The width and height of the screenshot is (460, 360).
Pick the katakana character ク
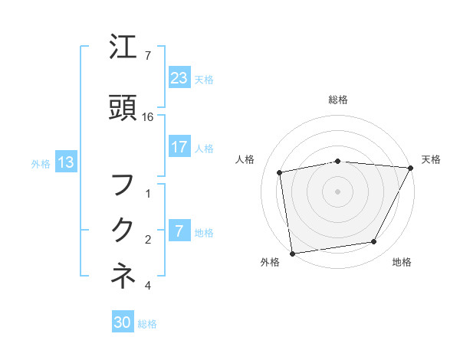click(x=123, y=230)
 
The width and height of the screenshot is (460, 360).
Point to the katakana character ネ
click(x=123, y=276)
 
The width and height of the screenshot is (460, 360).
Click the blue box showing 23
click(x=179, y=78)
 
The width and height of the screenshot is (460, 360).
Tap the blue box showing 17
click(x=179, y=147)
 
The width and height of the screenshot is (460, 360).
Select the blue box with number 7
click(x=179, y=231)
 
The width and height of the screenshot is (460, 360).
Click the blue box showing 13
click(x=65, y=162)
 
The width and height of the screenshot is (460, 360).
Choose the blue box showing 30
click(x=123, y=322)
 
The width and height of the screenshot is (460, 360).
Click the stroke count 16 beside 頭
click(x=148, y=116)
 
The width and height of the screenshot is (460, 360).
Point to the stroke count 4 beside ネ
click(x=148, y=286)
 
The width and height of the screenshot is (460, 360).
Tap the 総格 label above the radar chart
click(x=338, y=100)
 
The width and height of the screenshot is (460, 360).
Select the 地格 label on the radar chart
click(x=402, y=263)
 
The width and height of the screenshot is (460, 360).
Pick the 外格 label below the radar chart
click(x=270, y=263)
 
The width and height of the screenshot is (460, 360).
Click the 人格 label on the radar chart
click(x=245, y=159)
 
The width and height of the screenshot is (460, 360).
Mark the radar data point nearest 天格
click(x=411, y=168)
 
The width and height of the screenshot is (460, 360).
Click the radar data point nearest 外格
click(x=292, y=253)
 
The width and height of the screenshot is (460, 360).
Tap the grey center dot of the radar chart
click(x=337, y=191)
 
